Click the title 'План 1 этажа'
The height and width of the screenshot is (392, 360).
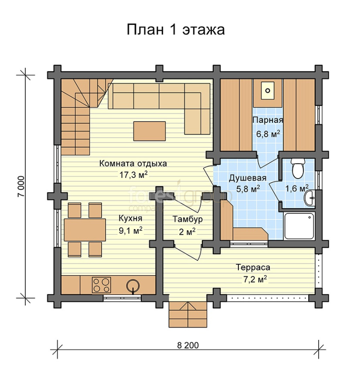[176, 30]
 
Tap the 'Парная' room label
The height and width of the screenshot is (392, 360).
[268, 120]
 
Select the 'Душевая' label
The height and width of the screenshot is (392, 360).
[248, 178]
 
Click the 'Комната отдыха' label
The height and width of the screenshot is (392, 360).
[133, 163]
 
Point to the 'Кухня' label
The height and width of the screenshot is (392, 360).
[130, 218]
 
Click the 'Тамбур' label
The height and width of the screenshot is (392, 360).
[188, 219]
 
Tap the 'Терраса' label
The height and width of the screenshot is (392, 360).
[253, 267]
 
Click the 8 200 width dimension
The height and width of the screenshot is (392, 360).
[188, 345]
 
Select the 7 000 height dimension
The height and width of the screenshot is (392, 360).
[21, 187]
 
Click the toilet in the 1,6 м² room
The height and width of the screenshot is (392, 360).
[298, 169]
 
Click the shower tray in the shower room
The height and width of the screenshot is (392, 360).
[300, 226]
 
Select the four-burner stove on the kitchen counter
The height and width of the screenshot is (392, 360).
[101, 285]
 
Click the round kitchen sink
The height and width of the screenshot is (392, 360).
[132, 285]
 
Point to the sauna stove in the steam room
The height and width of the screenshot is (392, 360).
[268, 91]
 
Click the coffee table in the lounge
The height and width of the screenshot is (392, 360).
[149, 131]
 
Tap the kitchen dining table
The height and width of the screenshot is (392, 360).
[85, 230]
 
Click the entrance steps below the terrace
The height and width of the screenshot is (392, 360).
[188, 314]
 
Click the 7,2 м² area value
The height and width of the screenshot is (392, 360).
[253, 279]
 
